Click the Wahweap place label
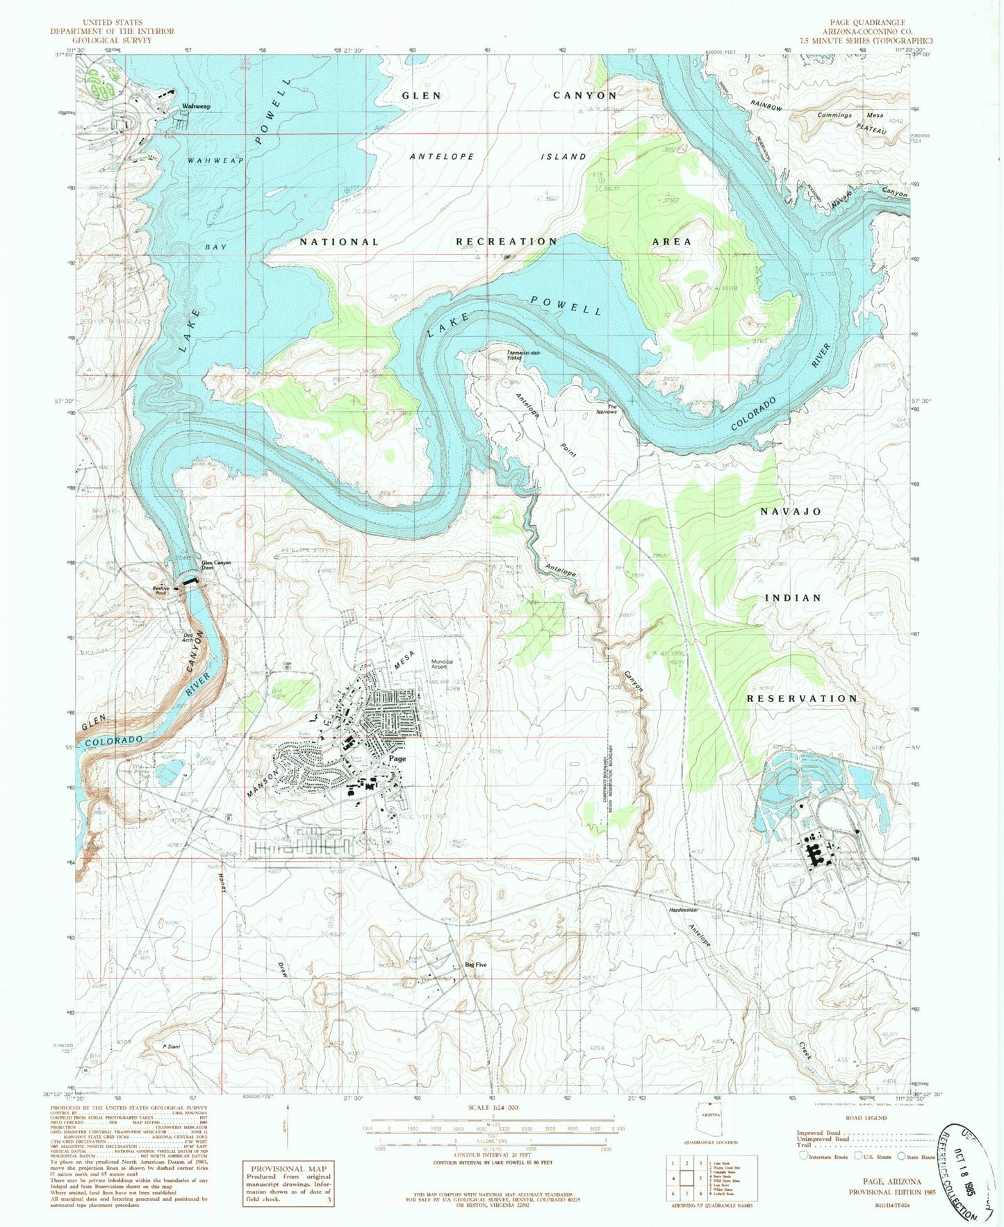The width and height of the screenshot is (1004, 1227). pos(196,106)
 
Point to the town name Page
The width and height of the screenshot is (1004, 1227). pos(397,758)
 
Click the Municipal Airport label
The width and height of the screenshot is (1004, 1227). pos(447,665)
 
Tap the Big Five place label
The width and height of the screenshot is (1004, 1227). pos(476,965)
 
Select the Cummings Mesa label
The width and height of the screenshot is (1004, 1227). pos(843,115)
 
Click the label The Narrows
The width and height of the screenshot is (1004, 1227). pos(612,409)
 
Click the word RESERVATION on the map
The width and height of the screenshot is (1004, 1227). pos(803,698)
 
